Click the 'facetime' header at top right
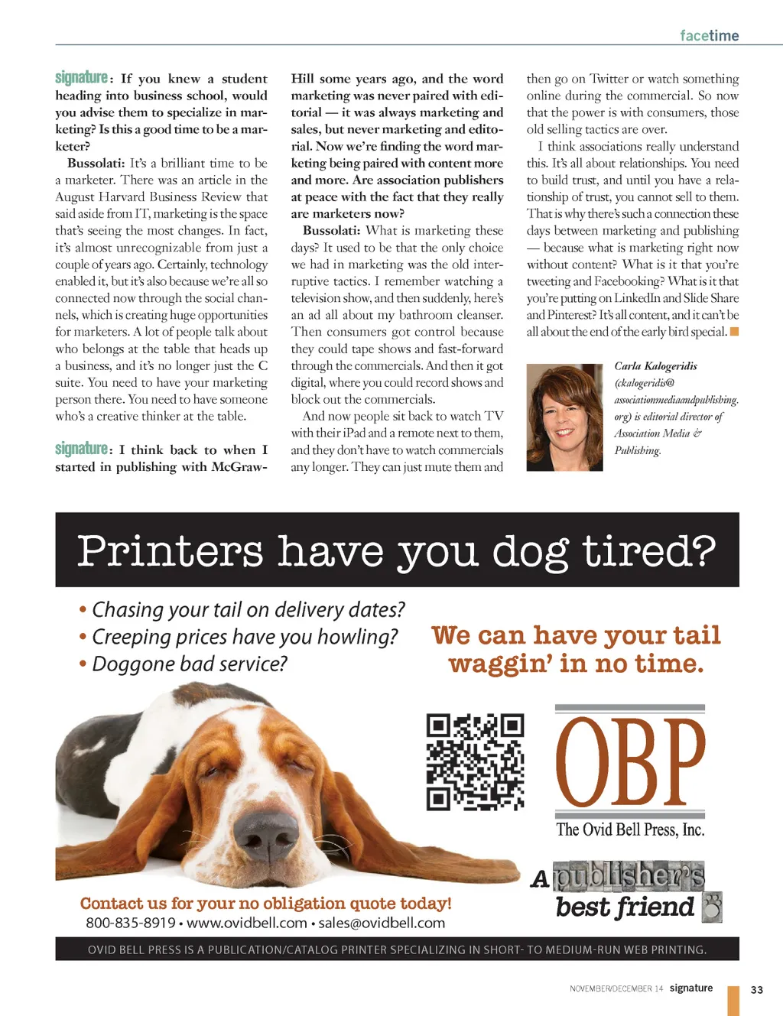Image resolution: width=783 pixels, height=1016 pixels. click(x=709, y=36)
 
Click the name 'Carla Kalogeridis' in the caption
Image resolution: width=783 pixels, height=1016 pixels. click(x=655, y=366)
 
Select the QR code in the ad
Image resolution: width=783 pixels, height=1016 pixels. click(x=475, y=762)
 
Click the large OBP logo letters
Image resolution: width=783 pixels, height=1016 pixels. click(x=630, y=762)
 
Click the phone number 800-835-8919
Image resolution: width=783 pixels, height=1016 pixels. click(x=131, y=923)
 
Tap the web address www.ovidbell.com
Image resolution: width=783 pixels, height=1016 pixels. click(x=247, y=923)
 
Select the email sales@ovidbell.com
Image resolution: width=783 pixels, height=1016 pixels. click(x=382, y=923)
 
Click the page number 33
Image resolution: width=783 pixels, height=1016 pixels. click(x=756, y=989)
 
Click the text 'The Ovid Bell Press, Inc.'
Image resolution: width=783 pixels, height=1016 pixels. click(x=630, y=829)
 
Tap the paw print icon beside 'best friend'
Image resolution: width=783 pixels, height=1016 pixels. click(x=712, y=907)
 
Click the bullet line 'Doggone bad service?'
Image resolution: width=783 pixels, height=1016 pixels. click(x=189, y=664)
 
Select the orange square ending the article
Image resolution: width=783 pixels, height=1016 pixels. click(x=734, y=332)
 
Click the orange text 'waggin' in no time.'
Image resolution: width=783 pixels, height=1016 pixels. click(x=576, y=664)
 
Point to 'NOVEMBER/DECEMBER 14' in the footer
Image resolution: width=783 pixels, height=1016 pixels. click(x=616, y=989)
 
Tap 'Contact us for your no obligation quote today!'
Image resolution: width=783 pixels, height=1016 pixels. click(x=265, y=903)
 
